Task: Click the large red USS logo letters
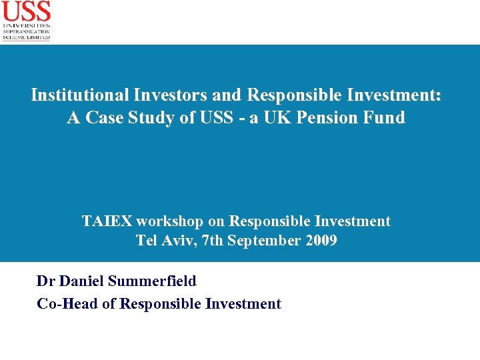coord(26,11)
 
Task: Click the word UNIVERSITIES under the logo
coord(26,25)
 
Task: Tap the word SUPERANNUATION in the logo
coord(26,31)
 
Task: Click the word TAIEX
coord(107,221)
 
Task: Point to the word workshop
coord(165,221)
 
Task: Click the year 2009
coord(321,240)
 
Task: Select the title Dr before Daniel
coord(45,281)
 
